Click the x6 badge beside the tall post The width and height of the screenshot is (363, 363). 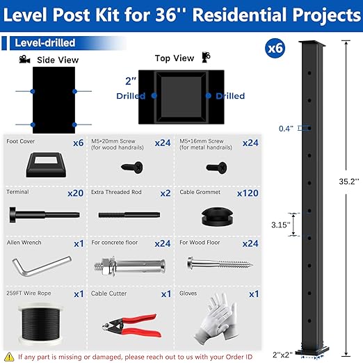pos(276,49)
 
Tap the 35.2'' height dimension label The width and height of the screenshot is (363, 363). pos(347,183)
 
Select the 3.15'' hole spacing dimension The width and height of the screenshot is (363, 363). pos(280,225)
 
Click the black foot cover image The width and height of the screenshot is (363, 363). pos(45,164)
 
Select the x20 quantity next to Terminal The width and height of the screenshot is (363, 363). pos(75,193)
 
